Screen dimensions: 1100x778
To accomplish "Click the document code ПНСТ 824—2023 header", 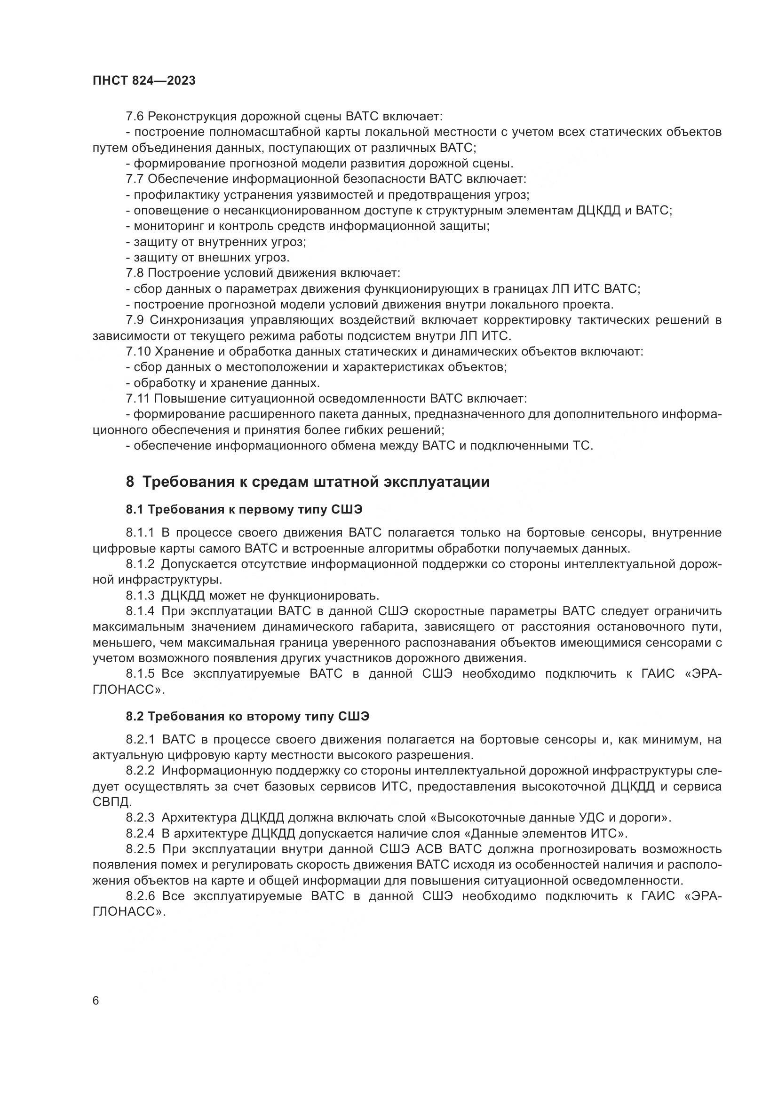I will (144, 80).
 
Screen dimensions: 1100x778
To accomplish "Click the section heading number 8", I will (130, 482).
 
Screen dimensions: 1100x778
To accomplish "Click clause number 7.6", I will (135, 116).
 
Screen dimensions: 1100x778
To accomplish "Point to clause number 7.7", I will (135, 179).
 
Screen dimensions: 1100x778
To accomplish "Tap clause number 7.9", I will (135, 320).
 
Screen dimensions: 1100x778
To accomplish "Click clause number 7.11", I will (137, 399).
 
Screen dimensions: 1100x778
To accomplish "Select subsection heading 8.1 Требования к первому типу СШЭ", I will (244, 509).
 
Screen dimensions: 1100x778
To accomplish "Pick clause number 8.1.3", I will (140, 595).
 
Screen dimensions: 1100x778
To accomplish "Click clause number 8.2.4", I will (140, 834).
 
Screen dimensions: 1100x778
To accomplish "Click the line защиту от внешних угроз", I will (207, 258).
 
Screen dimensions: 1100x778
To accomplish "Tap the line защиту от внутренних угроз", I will (215, 242).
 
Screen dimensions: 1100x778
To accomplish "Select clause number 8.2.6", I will (140, 896).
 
